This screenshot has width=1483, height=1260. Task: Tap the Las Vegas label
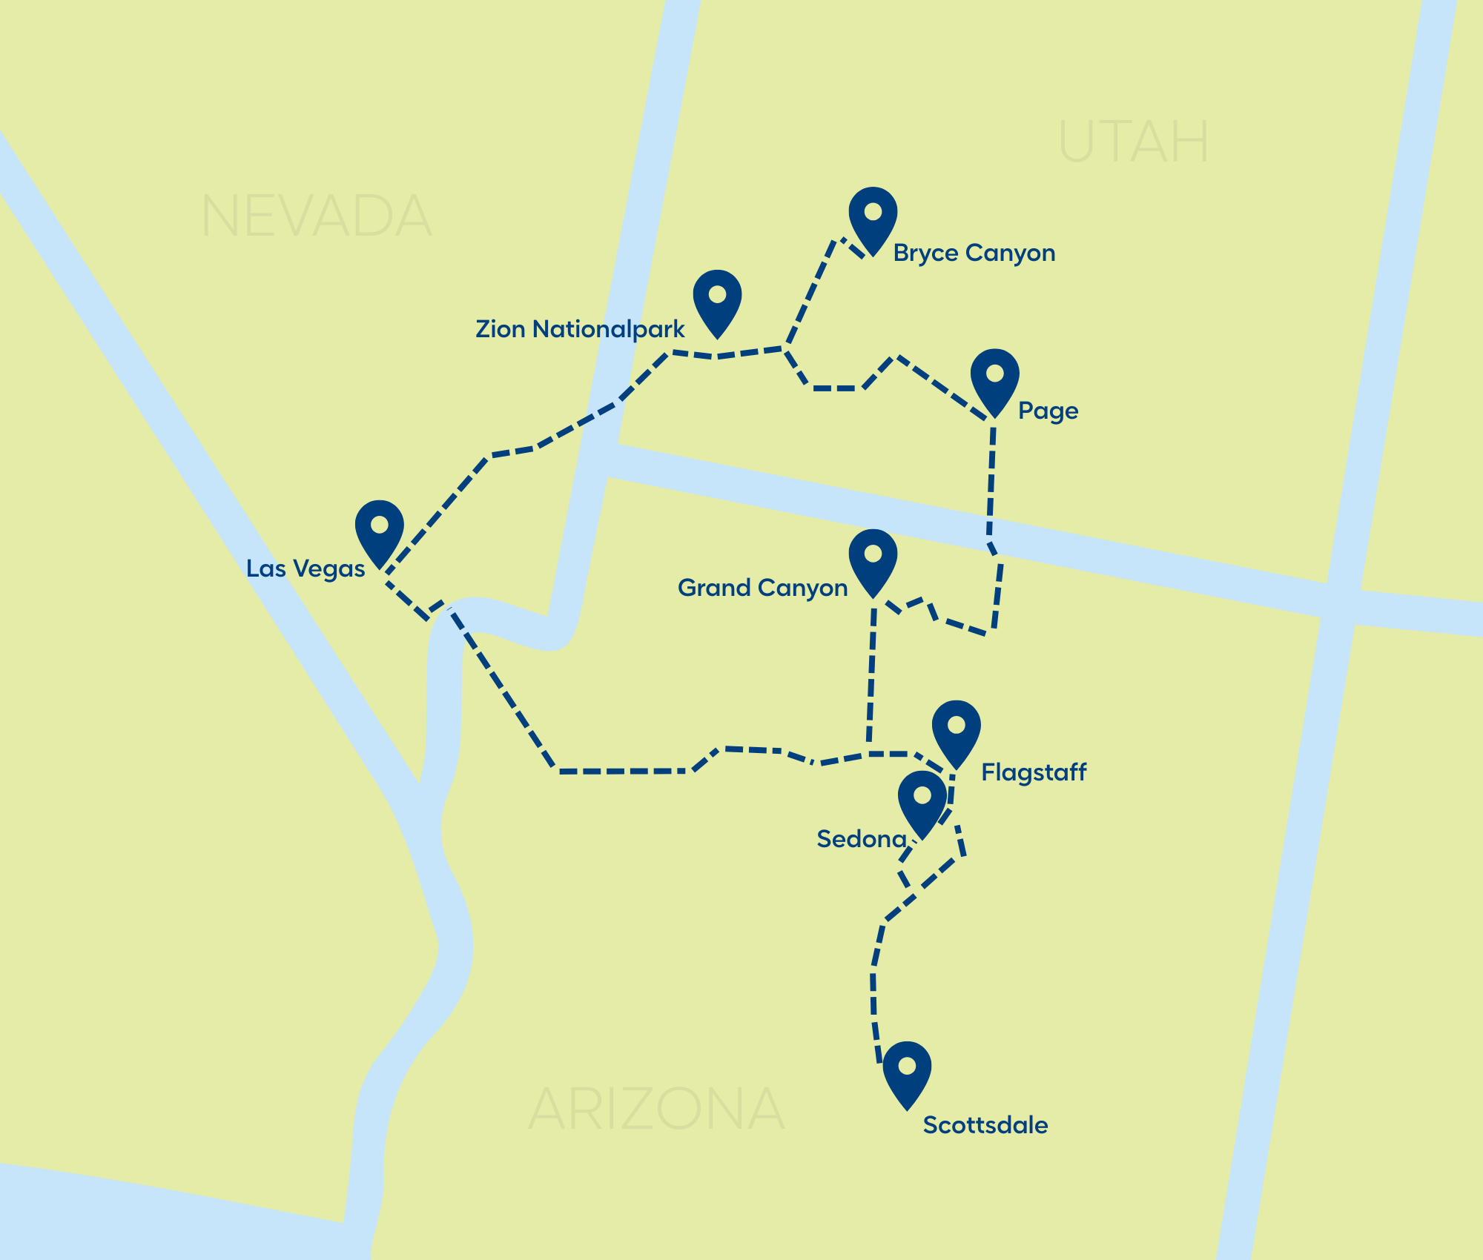[x=305, y=568]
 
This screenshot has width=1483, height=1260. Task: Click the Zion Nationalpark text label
[x=580, y=329]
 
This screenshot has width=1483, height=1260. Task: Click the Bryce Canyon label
[x=974, y=253]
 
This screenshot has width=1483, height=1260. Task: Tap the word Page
[x=1048, y=411]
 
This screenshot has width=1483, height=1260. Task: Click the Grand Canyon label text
[x=762, y=588]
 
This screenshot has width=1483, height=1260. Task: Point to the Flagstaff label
[x=1034, y=772]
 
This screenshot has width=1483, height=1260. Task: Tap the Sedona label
[x=862, y=839]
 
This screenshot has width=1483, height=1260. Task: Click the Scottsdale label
[x=985, y=1125]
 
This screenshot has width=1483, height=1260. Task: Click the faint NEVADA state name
[x=316, y=216]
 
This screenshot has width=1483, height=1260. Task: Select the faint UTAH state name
[x=1134, y=142]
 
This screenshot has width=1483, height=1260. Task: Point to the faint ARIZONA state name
[x=656, y=1109]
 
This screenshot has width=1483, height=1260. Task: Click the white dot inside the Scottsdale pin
[x=906, y=1066]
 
